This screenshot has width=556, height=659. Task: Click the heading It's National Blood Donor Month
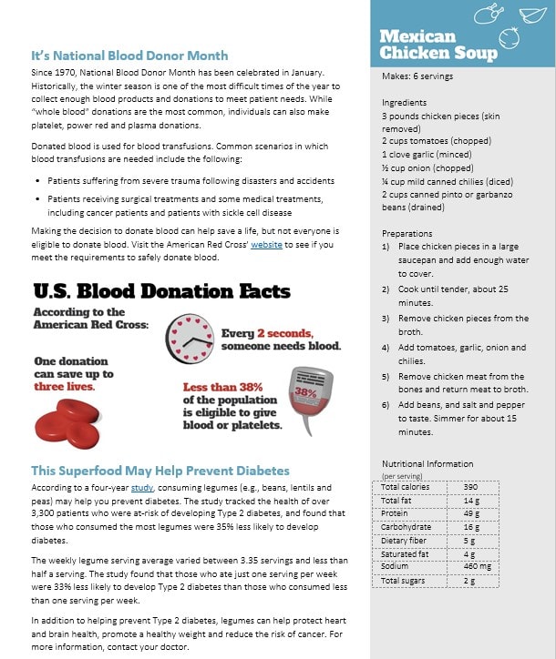pyautogui.click(x=129, y=56)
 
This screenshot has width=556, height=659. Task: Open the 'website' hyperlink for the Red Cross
pyautogui.click(x=270, y=245)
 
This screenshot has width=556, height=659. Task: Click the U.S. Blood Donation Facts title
pyautogui.click(x=161, y=291)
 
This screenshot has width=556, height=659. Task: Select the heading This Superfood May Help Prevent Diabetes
pyautogui.click(x=160, y=471)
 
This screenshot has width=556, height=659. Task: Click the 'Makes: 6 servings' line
pyautogui.click(x=417, y=76)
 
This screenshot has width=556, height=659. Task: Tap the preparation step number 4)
pyautogui.click(x=386, y=348)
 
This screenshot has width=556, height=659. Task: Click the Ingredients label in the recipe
pyautogui.click(x=404, y=103)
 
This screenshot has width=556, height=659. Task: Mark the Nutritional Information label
pyautogui.click(x=427, y=463)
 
